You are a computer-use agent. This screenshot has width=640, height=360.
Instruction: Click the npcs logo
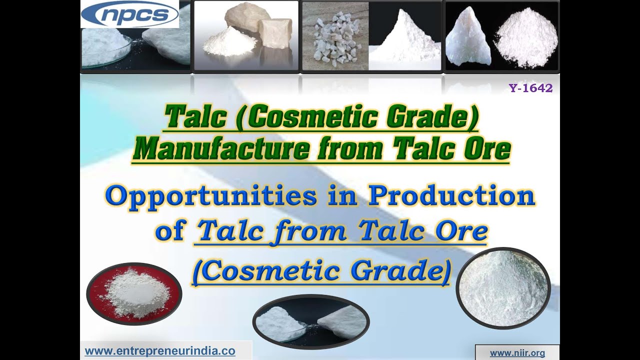pos(129,14)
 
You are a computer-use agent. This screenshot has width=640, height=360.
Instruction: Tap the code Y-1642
pos(530,88)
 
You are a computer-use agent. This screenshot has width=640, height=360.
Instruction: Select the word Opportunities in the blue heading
pos(210,196)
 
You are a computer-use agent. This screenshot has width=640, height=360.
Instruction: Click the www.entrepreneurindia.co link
pos(160,351)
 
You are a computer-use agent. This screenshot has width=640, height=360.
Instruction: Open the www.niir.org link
pos(517,353)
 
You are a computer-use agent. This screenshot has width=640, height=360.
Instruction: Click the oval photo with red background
pos(134,293)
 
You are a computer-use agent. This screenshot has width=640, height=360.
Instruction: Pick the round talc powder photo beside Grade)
pos(503,287)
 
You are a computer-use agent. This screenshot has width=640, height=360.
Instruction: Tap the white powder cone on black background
pos(405,37)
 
